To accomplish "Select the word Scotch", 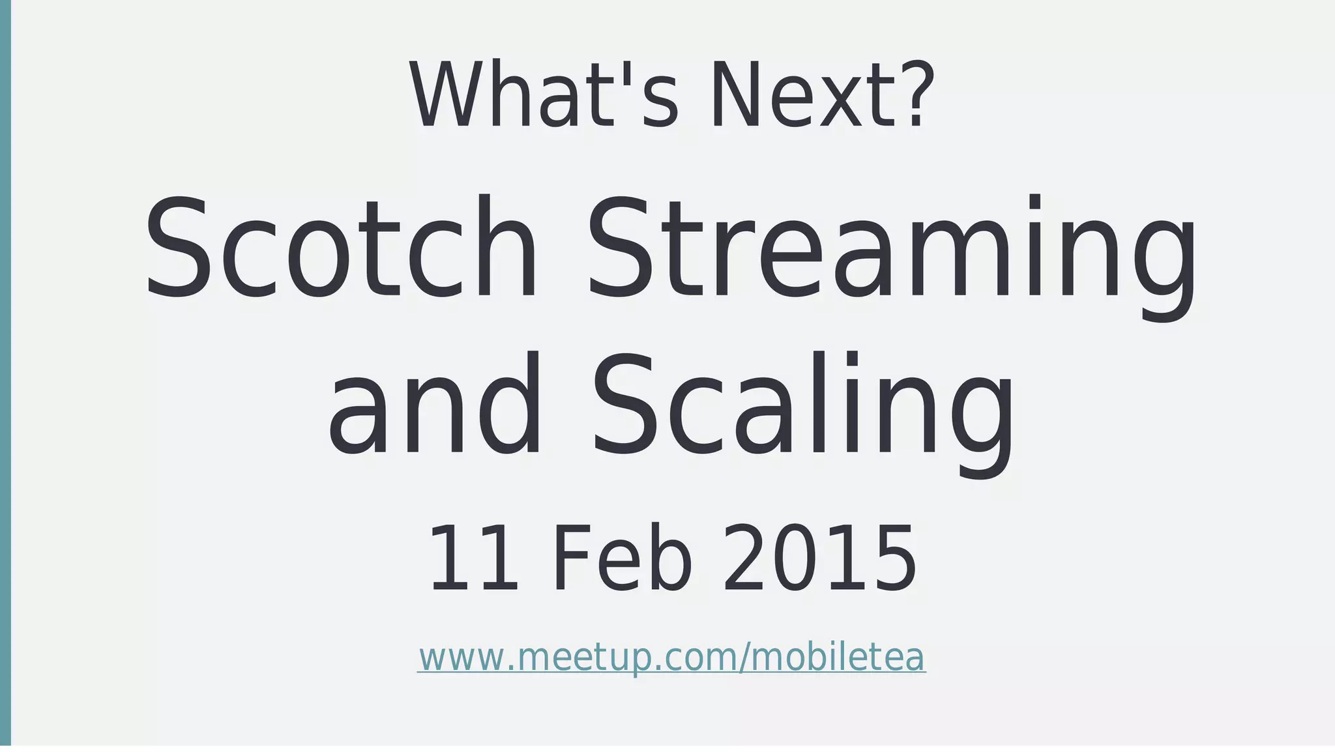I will [342, 248].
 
